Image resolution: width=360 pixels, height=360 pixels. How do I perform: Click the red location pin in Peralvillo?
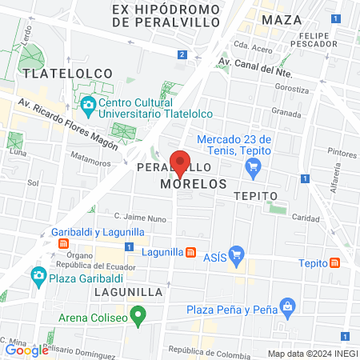[180, 162]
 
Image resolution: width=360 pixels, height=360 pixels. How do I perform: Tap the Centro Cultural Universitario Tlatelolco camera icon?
[87, 105]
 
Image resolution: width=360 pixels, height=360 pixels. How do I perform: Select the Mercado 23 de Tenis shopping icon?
[254, 166]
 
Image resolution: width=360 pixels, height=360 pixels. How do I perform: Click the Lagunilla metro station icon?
[190, 252]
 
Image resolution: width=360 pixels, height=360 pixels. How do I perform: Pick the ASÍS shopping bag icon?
[235, 257]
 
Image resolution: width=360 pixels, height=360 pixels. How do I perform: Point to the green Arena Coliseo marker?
[138, 315]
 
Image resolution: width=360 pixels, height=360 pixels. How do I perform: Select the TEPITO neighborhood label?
[255, 195]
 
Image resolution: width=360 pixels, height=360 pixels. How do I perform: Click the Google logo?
[26, 350]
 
